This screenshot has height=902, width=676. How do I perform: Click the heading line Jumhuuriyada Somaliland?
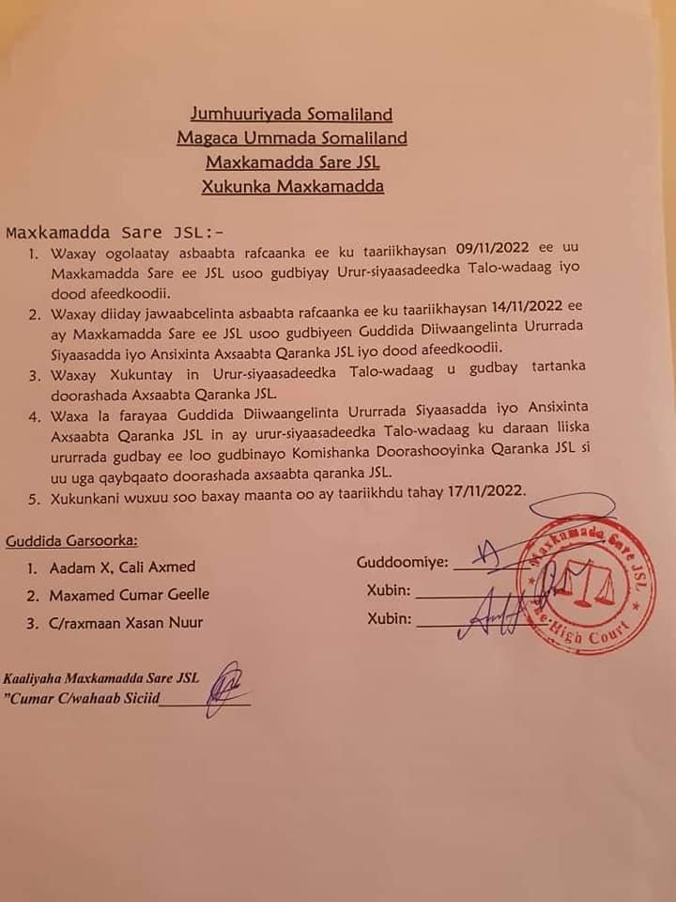pos(291,116)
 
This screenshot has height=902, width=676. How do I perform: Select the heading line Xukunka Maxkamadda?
pos(293,186)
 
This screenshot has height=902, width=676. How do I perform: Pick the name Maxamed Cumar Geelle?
pos(131,595)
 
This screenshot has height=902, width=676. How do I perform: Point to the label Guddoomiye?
pos(402,563)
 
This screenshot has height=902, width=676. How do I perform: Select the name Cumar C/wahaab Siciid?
pos(85,698)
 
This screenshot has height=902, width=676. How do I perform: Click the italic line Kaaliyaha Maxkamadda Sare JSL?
pos(102,677)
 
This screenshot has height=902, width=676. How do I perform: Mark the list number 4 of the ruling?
pos(32,415)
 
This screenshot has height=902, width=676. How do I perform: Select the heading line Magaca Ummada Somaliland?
pos(292,139)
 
